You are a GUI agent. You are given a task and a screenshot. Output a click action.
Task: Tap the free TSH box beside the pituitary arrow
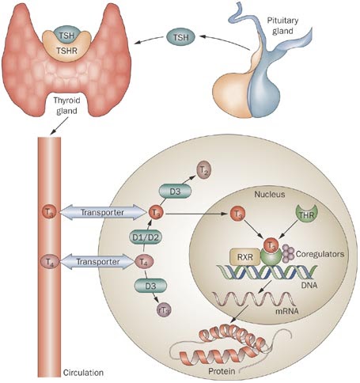pos(181,36)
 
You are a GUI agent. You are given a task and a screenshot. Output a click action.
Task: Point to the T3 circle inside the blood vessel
pos(50,211)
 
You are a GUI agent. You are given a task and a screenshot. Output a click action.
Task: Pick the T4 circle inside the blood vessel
pos(49,260)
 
